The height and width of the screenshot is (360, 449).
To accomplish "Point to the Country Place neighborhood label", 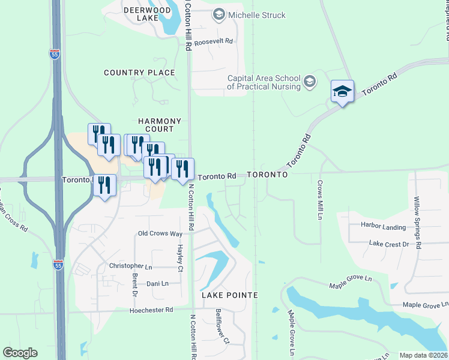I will click(139, 73).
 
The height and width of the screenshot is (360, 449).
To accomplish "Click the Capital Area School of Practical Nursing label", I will click(264, 82).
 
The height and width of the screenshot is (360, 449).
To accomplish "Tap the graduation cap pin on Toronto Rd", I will click(342, 92).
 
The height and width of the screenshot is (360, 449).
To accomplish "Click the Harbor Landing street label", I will click(383, 227).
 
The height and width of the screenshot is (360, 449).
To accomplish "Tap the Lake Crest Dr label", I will click(388, 244).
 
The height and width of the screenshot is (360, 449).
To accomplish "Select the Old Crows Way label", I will click(160, 233).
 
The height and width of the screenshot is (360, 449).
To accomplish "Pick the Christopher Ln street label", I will click(130, 266).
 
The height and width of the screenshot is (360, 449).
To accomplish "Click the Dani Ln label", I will click(157, 283).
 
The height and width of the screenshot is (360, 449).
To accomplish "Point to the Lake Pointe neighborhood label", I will click(229, 295).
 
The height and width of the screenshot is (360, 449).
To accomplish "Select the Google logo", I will click(20, 353).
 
